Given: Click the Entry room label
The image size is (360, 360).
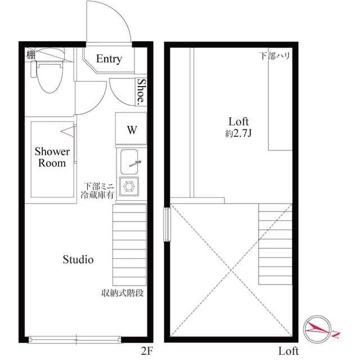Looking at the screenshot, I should pyautogui.click(x=109, y=59).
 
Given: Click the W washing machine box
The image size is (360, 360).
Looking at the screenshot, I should pyautogui.click(x=131, y=129).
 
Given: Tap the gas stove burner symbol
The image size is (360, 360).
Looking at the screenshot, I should pyautogui.click(x=131, y=185).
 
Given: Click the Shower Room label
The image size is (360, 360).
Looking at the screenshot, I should pyautogui.click(x=52, y=157).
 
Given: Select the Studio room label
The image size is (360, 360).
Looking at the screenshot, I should pyautogui.click(x=78, y=259).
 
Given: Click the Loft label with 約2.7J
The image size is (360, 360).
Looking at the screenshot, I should pyautogui.click(x=238, y=127).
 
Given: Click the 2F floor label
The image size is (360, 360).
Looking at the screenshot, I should pyautogui.click(x=147, y=352).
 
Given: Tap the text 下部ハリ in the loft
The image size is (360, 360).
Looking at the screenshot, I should pyautogui.click(x=274, y=56).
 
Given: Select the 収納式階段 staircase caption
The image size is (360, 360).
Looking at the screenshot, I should pyautogui.click(x=123, y=293).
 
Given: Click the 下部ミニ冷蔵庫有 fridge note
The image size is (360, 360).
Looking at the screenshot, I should pyautogui.click(x=98, y=190).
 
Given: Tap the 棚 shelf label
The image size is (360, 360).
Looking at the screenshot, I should pyautogui.click(x=30, y=55).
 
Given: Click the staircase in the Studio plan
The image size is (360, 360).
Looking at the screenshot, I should pyautogui.click(x=129, y=244).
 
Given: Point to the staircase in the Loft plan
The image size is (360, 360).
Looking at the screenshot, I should pyautogui.click(x=276, y=244).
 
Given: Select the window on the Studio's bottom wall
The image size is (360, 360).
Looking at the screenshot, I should pyautogui.click(x=74, y=339).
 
